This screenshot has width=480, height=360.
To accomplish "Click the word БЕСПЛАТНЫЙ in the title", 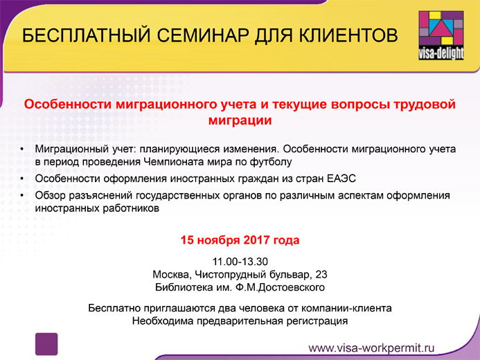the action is coord(87,35).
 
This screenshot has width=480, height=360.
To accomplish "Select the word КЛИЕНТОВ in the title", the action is coord(348,35).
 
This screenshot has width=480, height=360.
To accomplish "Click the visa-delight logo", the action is coord(441,35).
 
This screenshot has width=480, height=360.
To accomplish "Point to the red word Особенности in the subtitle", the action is coord(68,105).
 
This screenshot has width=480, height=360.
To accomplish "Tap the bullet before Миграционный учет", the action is coord(22,150).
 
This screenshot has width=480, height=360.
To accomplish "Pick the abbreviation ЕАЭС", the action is coord(341,179).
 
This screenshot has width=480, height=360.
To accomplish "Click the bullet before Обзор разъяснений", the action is coord(22,195).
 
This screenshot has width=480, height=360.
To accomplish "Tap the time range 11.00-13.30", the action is coord(240,262).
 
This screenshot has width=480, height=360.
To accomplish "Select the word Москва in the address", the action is coord(172,274).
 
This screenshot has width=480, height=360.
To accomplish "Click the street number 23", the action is coord(321,274).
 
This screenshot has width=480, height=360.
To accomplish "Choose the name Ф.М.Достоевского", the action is coord(280,287).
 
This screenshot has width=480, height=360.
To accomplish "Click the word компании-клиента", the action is coord(346,308).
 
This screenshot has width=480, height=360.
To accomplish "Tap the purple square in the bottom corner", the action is coord(46,344).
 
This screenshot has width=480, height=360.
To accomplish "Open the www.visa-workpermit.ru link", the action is coord(371,348).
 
